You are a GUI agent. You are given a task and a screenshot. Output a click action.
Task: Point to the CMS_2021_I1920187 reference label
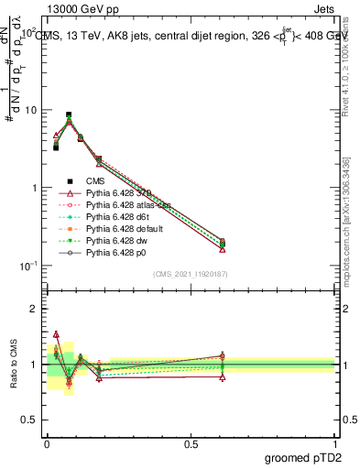[191, 274]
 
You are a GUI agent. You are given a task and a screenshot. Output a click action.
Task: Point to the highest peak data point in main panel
[69, 115]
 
